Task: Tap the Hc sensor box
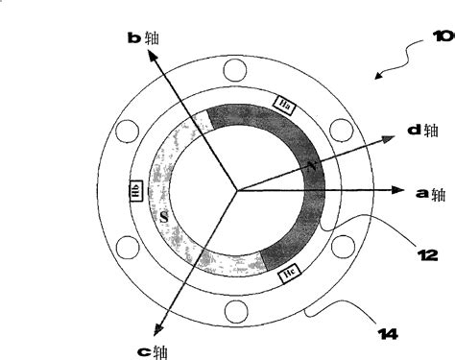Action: point(287,276)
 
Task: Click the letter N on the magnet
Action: point(310,166)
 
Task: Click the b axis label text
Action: point(143,37)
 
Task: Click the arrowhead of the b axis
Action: point(152,57)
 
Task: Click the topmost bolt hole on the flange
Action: point(233,70)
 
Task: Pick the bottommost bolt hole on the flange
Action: point(233,310)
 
